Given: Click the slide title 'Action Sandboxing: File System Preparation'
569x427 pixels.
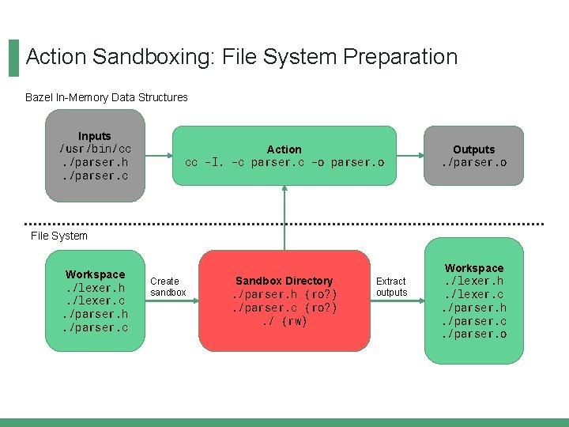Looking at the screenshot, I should click(x=241, y=57).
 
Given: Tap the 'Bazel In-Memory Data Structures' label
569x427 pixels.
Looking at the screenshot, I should click(x=107, y=97).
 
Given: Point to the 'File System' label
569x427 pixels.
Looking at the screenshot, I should click(x=59, y=236).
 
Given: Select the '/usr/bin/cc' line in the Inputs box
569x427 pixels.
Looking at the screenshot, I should click(x=95, y=149).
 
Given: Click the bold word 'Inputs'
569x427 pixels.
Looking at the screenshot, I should click(x=95, y=136).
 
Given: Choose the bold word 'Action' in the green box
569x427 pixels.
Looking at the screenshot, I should click(x=284, y=149).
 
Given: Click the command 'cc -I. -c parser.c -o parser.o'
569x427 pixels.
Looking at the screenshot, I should click(x=284, y=162).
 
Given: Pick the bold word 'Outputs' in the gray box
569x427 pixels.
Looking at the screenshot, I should click(x=473, y=149).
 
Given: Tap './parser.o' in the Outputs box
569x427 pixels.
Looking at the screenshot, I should click(x=473, y=162).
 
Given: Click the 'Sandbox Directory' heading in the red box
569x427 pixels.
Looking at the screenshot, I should click(x=284, y=281).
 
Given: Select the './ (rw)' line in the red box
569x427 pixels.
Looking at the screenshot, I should click(x=284, y=321).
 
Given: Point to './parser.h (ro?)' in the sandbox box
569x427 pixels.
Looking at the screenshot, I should click(x=284, y=294).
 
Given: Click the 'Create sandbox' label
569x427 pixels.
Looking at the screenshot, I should click(x=168, y=286).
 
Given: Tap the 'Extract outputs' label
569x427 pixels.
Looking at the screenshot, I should click(x=391, y=286).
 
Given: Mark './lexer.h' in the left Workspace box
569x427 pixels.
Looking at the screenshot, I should click(x=95, y=288).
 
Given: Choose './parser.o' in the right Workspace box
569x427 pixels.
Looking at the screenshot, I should click(x=474, y=334).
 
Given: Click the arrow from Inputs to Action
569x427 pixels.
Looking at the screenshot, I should click(x=160, y=155).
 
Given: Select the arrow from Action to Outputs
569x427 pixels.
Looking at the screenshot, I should click(x=410, y=155).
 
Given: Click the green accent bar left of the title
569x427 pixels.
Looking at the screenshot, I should click(x=13, y=58).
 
